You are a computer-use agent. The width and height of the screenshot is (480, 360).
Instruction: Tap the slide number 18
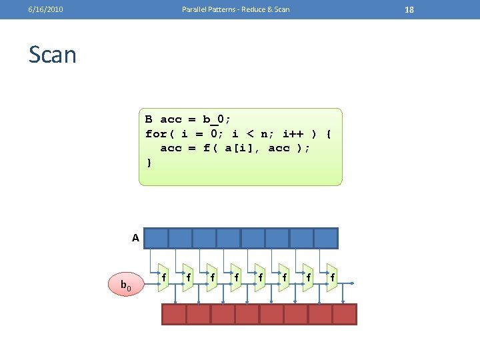click(409, 9)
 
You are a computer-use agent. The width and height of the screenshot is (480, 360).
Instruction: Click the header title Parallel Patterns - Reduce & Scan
click(236, 9)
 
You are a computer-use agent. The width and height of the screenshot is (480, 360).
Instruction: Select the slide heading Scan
click(53, 55)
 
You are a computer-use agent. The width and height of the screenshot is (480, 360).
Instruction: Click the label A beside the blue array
click(135, 238)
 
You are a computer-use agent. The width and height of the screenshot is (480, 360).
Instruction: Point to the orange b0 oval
click(125, 286)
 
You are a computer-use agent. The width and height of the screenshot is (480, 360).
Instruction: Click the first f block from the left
click(164, 277)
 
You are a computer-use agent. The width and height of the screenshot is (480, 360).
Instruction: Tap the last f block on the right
click(332, 277)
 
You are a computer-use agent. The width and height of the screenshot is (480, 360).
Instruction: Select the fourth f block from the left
click(236, 277)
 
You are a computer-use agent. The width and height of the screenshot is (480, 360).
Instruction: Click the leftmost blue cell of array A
click(157, 238)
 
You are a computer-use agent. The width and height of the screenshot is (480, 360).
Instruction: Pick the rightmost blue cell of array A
click(325, 238)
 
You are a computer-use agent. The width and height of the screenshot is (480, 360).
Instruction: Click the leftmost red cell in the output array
click(174, 314)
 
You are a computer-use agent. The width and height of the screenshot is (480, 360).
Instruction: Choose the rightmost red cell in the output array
click(345, 314)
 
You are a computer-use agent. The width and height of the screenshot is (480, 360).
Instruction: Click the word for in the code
click(156, 133)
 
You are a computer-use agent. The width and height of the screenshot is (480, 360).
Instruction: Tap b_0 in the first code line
click(217, 119)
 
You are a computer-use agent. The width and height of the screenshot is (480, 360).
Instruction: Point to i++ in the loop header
click(293, 133)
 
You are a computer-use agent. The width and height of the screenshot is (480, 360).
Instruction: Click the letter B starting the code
click(149, 119)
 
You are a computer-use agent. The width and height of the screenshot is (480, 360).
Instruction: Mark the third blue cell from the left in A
click(205, 238)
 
